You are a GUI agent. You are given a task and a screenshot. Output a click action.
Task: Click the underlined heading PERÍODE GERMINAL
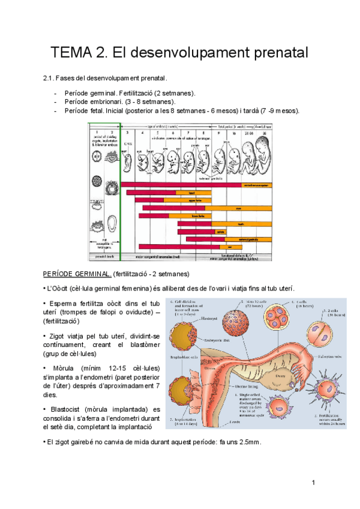[x=77, y=274]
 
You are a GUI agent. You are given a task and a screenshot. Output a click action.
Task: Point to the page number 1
[x=313, y=483]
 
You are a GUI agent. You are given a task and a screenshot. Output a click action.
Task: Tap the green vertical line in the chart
[x=121, y=192]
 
